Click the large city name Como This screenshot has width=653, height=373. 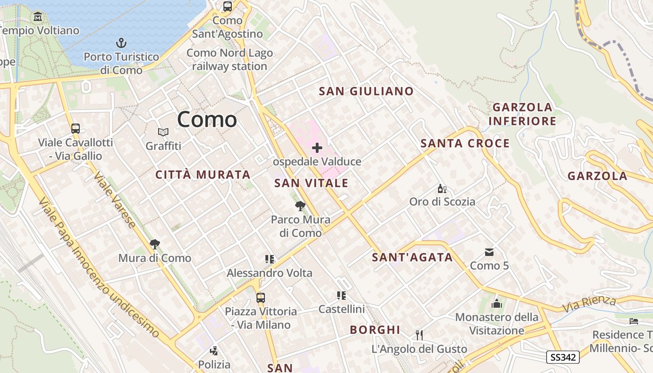pos(207,119)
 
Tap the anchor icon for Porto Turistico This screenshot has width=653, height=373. pos(121,43)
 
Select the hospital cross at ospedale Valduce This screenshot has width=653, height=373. pos(317,148)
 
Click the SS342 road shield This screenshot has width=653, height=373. pos(563,357)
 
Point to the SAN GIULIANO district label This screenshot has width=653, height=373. pos(366,91)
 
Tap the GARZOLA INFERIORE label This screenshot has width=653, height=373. pos(522,114)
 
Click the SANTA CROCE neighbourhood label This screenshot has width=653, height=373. pos(465,143)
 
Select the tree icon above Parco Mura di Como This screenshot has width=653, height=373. pos(300,206)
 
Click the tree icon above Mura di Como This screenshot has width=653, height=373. pos(154,244)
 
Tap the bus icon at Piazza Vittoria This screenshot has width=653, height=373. pos(261,297)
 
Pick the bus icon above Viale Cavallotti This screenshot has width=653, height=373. pos(76,129)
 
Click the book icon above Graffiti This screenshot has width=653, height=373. pos(163,132)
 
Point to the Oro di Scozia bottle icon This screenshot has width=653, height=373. pos(442,189)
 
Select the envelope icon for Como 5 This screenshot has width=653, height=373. pos(489,252)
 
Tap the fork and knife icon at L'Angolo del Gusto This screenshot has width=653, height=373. pos(419,335)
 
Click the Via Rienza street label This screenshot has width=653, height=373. pos(589,304)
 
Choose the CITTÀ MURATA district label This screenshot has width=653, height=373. pos(203,175)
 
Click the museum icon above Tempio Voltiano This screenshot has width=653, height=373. pos(38,17)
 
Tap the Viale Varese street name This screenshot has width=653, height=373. pos(115,200)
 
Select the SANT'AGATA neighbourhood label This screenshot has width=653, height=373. pos(412,257)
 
